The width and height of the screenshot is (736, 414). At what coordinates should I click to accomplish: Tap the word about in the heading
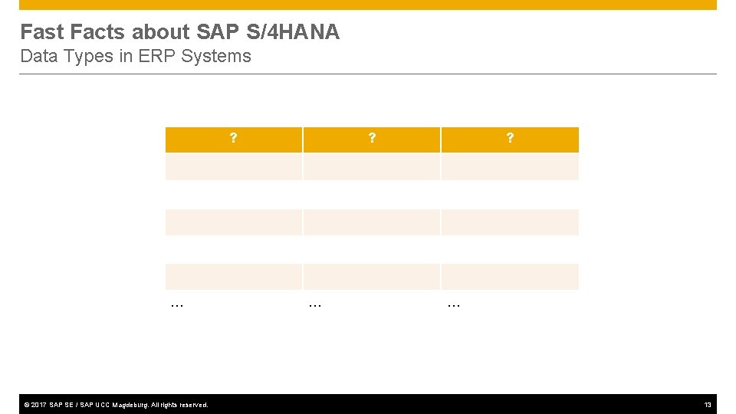(162, 32)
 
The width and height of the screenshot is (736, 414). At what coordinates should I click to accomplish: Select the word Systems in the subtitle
(216, 56)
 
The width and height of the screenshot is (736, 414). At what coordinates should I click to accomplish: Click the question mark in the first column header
(233, 139)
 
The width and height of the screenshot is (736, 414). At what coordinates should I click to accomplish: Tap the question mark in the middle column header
(372, 139)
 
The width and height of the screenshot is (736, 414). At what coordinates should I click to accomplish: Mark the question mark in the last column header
(510, 139)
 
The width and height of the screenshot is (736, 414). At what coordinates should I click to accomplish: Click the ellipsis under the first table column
(177, 304)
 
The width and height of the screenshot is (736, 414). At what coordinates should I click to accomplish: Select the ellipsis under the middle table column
(315, 304)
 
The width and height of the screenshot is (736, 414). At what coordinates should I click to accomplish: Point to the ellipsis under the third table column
(453, 304)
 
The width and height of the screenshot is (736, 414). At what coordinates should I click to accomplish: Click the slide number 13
(708, 405)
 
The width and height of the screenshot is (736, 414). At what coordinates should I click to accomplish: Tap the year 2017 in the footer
(38, 405)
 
